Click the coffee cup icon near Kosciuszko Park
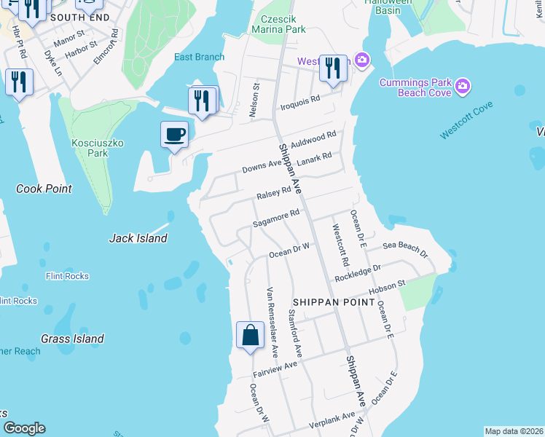175,135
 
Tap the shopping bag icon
250,336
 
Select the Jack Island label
138,238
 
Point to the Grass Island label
72,339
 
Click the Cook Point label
44,189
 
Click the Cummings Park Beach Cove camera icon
462,88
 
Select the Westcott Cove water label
466,121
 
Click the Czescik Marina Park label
278,24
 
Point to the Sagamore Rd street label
276,218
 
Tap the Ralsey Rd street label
273,194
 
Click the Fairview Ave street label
276,369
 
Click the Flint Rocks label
67,276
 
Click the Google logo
24,428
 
